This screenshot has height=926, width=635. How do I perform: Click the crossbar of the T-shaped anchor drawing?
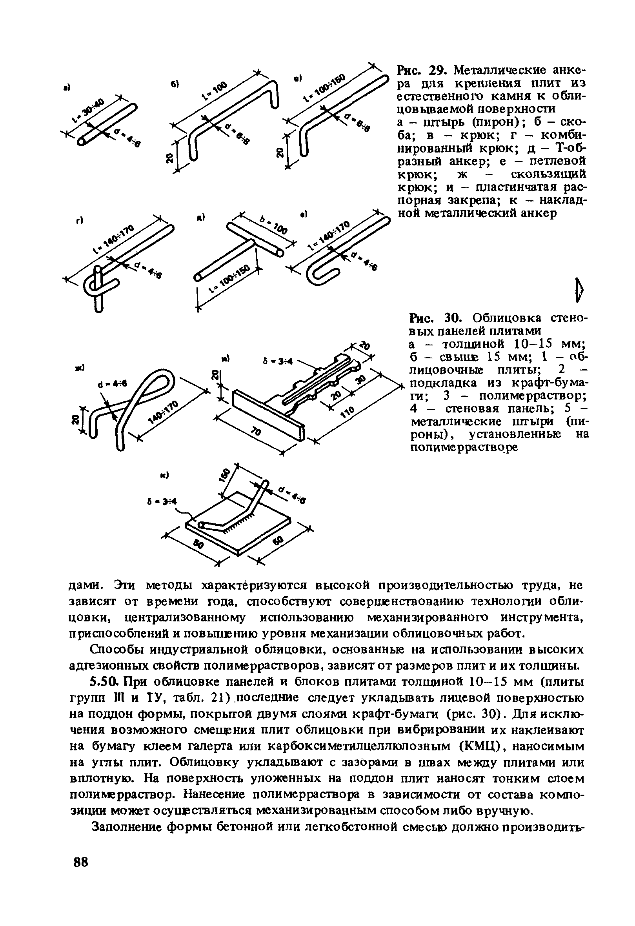[x=255, y=239]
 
